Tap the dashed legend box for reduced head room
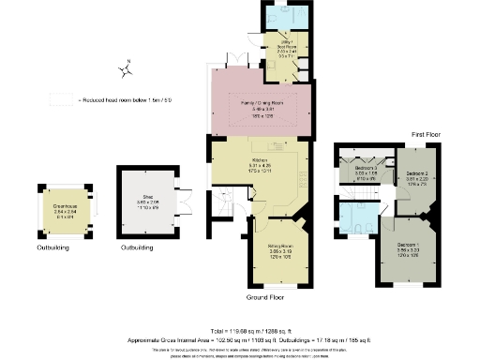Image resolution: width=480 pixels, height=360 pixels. click(x=63, y=98)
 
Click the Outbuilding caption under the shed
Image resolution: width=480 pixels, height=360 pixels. click(x=138, y=248)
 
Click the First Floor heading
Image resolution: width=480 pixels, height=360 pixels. click(x=433, y=134)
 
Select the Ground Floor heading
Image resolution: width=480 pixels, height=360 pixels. click(x=265, y=297)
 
